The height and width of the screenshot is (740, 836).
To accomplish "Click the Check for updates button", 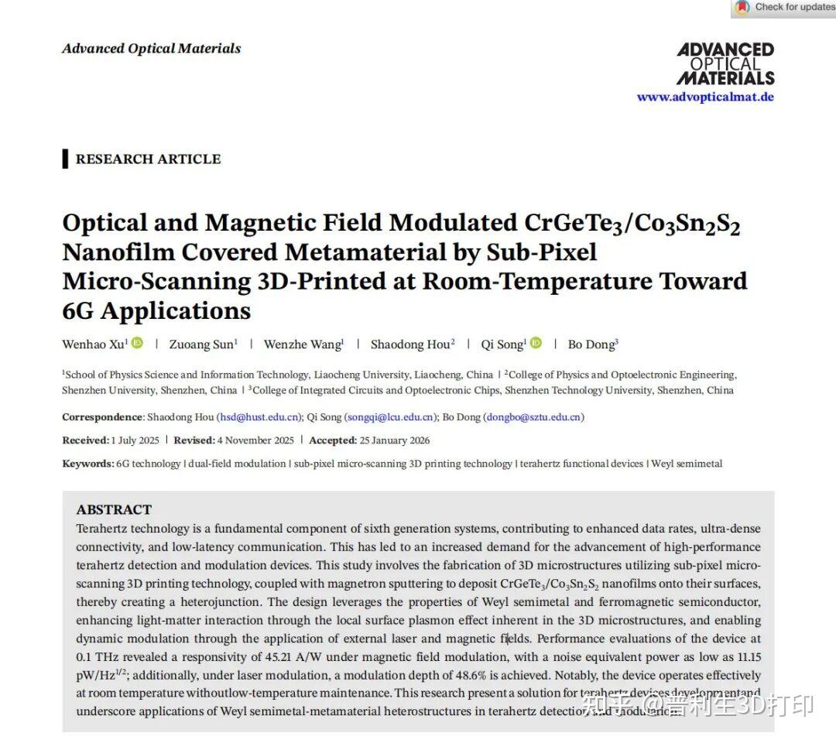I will coord(784,8).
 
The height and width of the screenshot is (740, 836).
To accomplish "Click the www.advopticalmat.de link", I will coord(704,97).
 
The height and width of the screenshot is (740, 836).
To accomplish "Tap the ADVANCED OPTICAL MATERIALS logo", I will coord(725,63).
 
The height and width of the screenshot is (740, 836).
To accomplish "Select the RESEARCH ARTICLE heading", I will coord(148,159).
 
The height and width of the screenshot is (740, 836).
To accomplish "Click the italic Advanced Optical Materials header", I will coord(151,48).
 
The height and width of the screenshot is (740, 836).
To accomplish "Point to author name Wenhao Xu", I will coord(94,344).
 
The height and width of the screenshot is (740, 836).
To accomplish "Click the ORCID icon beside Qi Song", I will coord(536,344).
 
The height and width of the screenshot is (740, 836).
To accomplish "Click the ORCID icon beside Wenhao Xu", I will coord(137,344).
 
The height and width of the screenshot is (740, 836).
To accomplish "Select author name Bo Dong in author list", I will coord(592,344).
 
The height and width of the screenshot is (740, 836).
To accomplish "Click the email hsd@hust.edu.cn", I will coord(259,417).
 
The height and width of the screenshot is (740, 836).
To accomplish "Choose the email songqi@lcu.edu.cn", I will coord(389,417).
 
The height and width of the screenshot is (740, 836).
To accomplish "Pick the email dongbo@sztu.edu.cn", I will coord(533,417).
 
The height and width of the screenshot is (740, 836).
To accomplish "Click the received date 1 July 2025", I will coord(135,440).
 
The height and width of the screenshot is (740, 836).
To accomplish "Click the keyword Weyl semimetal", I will coord(687,464).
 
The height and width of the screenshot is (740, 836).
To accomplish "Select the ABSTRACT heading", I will coord(114,509).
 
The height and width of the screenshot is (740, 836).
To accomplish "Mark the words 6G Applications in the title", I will coord(156,310).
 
